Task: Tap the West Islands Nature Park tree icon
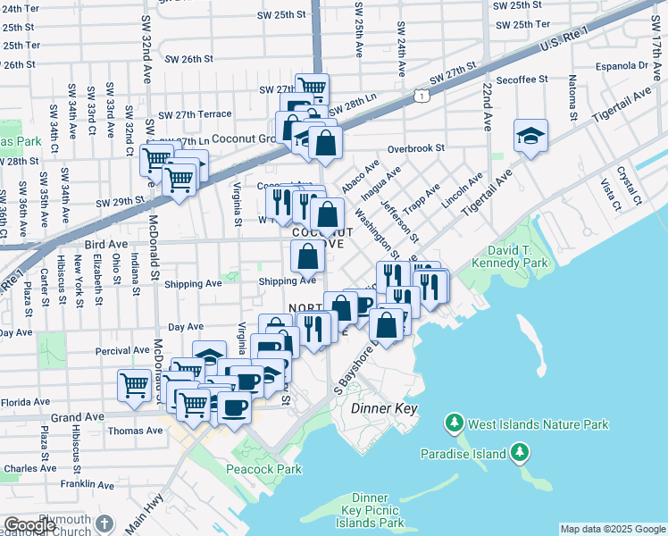click(x=455, y=422)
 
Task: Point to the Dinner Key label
click(x=379, y=407)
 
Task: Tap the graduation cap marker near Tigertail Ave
click(x=530, y=136)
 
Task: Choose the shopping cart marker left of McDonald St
click(x=134, y=385)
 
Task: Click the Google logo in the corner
click(x=30, y=525)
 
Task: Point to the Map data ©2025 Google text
click(x=612, y=529)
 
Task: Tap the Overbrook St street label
click(x=416, y=149)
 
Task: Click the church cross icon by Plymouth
click(x=104, y=523)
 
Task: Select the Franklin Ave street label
click(x=88, y=484)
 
